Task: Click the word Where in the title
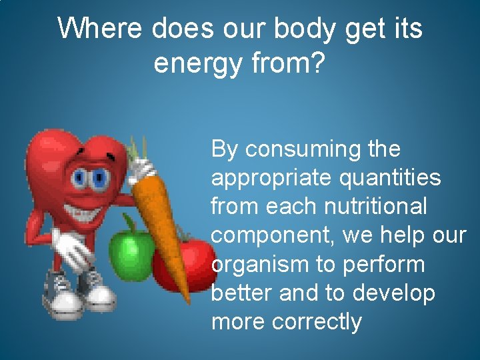(x=100, y=29)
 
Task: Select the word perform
(x=383, y=265)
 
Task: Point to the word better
(x=241, y=293)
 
